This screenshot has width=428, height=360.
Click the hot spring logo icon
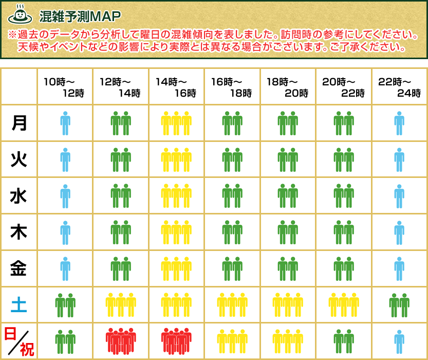(x=20, y=15)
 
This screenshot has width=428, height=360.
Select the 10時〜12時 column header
(x=65, y=87)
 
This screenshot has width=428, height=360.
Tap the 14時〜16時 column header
(x=177, y=87)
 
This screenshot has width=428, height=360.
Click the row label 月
(x=19, y=123)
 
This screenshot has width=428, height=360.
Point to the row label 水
(x=19, y=196)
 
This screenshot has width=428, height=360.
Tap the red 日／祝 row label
(x=19, y=341)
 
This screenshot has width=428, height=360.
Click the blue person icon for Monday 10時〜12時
(x=65, y=123)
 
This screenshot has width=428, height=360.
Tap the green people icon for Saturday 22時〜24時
(x=399, y=305)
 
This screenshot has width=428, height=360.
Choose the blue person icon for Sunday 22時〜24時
(x=399, y=341)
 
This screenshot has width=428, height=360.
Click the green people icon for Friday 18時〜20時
(x=288, y=269)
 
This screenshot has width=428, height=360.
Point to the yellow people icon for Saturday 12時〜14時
(x=121, y=305)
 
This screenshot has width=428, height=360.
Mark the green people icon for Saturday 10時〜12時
(x=65, y=305)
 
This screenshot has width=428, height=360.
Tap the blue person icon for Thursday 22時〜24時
(x=399, y=232)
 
